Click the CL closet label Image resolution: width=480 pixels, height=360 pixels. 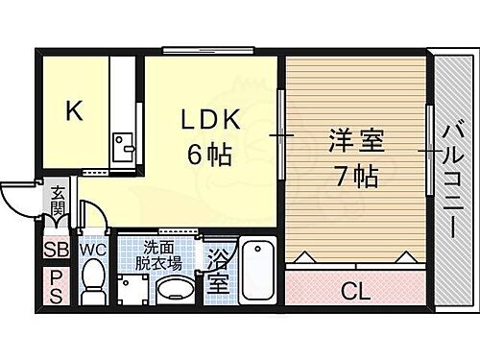point(357,287)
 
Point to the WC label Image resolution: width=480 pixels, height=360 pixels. point(93,250)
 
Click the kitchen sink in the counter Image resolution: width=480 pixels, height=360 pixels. point(122,147)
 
